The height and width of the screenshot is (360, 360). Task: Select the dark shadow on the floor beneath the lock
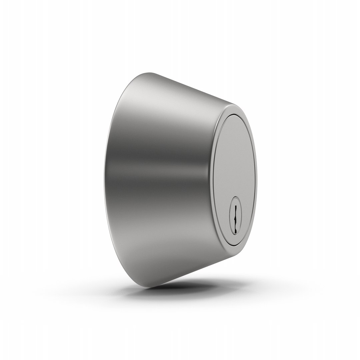(187, 285)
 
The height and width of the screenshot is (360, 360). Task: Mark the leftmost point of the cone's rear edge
(104, 180)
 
